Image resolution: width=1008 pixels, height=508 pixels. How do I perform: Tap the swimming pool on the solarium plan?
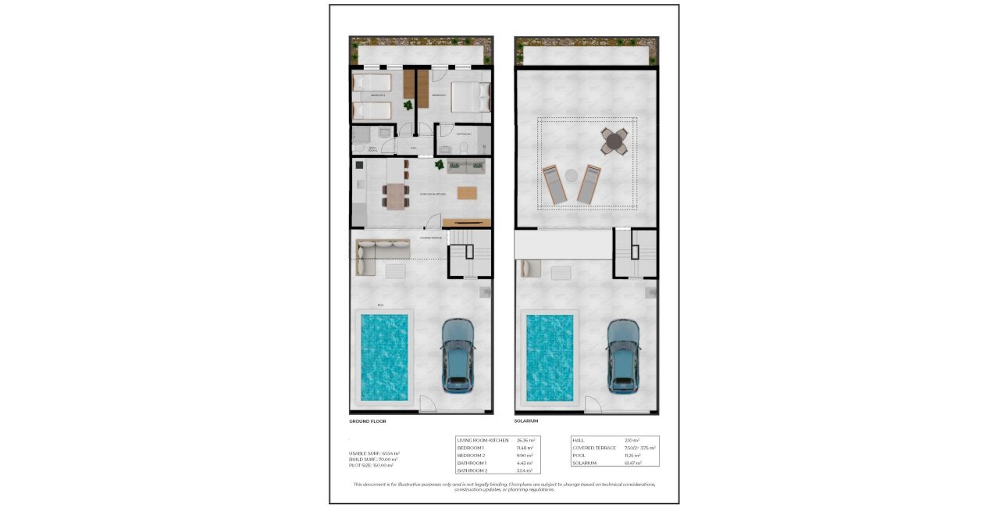pos(551,357)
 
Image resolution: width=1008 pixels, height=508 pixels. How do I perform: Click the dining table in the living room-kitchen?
pos(396,194)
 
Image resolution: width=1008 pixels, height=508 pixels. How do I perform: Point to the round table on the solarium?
pos(614,141)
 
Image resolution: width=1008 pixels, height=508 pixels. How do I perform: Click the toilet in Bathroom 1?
pos(464,148)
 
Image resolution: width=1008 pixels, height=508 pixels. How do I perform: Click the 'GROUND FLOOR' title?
pos(368,421)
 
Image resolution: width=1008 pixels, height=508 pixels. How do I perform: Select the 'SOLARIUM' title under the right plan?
pos(527,421)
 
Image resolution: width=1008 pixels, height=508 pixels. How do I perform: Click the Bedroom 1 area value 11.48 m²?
pos(525,448)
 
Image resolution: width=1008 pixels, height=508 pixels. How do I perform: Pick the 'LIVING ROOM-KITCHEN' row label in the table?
pos(482,440)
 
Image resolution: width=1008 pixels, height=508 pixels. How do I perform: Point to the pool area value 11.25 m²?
pos(632,456)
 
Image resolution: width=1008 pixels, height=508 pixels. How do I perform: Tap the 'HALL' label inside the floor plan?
pos(413,147)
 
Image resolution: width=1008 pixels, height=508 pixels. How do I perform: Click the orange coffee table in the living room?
pos(466,193)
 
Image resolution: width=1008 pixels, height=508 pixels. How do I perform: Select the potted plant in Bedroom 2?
pos(408,106)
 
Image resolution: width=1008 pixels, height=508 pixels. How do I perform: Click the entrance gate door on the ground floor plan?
pos(429,405)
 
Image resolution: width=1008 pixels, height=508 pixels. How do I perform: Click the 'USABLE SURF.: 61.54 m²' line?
pos(374,453)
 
